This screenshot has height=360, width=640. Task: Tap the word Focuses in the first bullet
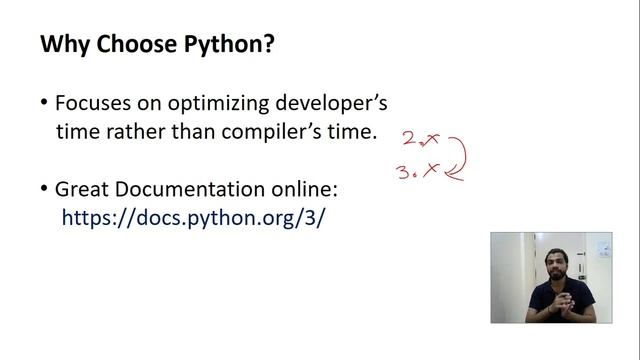91,103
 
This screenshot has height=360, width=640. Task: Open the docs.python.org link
193,217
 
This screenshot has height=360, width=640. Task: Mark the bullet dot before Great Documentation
44,189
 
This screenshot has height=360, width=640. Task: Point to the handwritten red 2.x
421,139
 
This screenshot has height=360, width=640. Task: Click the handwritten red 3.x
419,171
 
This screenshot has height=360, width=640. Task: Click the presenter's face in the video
552,267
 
